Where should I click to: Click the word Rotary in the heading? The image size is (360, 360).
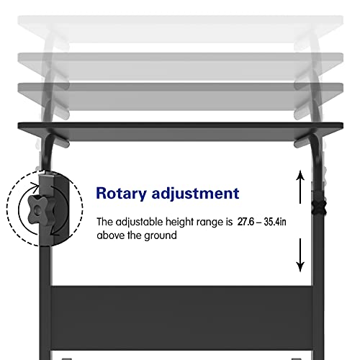coord(121,194)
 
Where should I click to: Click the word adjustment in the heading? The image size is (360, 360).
coord(196,194)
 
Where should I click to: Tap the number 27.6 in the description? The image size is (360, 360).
coord(246,222)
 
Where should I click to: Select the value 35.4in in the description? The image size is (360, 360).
coord(275,222)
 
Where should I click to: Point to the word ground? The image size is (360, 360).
coord(161,236)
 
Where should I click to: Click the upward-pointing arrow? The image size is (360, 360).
coord(300,186)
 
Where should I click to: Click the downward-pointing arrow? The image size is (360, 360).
coord(300,255)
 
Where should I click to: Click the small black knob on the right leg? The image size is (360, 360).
coord(319,207)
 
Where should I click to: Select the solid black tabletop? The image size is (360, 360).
coord(181,131)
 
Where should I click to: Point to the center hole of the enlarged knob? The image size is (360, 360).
coord(37,210)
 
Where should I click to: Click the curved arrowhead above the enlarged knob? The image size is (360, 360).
coord(35,186)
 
